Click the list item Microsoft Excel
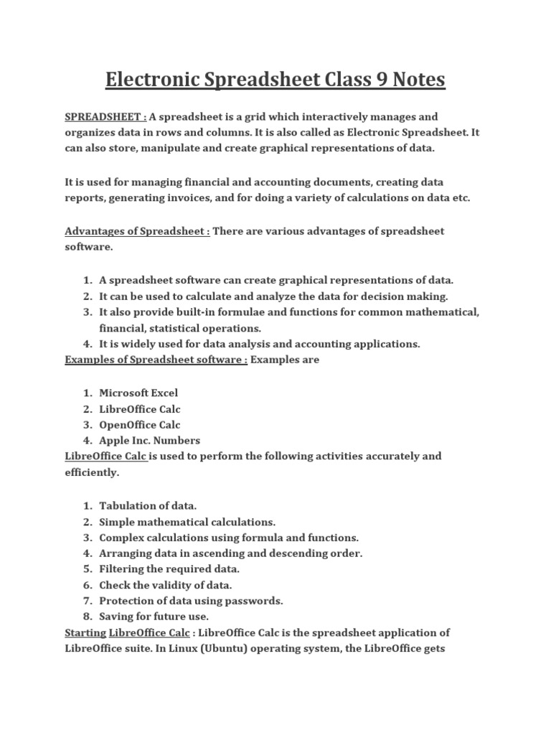pos(138,393)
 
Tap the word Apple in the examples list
pos(113,440)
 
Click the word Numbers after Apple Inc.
pos(179,440)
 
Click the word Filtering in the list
pos(122,569)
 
